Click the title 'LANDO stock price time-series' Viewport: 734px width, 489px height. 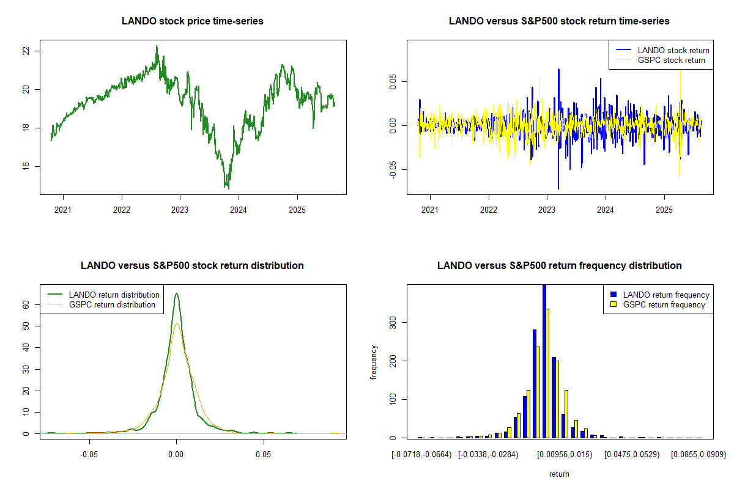pos(193,21)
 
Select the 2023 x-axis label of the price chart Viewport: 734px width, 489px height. pos(180,210)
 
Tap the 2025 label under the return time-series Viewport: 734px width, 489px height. pos(664,210)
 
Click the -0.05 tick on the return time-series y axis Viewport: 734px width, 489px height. pos(392,170)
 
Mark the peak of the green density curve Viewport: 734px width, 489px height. pos(177,293)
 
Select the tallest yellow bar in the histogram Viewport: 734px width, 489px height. pos(547,373)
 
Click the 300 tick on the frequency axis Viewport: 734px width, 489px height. pos(392,322)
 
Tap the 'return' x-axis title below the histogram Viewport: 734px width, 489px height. pos(559,474)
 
